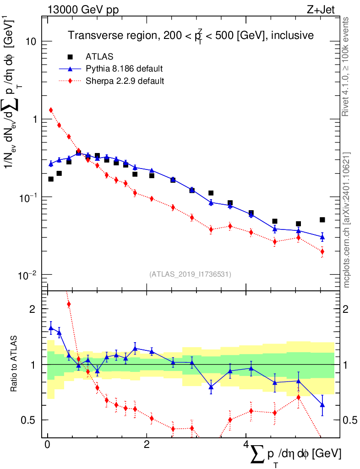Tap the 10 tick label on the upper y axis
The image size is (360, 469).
(31, 41)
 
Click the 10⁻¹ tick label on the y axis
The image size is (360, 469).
(28, 197)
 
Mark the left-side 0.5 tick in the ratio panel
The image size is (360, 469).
(31, 420)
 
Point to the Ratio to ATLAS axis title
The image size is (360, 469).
(14, 365)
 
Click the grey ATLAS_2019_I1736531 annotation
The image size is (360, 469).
(190, 274)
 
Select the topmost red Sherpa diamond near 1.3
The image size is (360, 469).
(51, 110)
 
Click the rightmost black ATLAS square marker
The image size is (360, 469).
(322, 220)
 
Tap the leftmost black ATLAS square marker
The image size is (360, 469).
(51, 179)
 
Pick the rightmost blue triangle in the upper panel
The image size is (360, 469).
(322, 237)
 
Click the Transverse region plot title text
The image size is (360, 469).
(191, 35)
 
